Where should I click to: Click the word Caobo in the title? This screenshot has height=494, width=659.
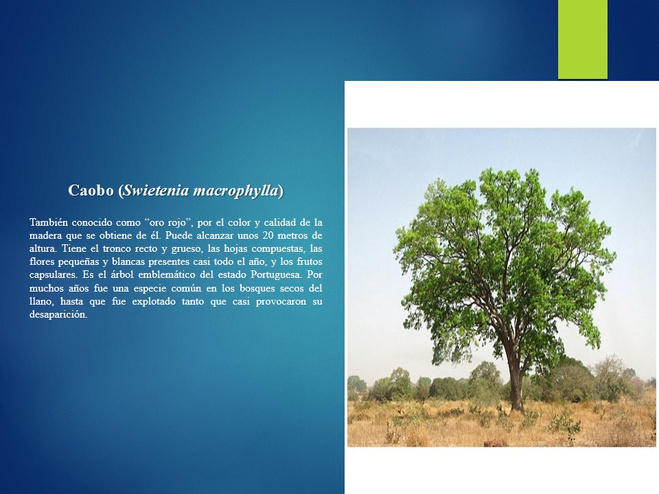[91, 190]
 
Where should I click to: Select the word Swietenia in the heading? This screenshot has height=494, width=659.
[156, 190]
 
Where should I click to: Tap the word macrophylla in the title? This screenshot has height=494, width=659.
[235, 191]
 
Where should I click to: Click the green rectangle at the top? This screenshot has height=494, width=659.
[583, 39]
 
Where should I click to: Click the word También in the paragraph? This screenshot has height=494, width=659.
[48, 222]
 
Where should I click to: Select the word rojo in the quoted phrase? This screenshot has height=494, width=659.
[176, 223]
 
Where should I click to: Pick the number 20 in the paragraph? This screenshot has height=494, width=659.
[268, 235]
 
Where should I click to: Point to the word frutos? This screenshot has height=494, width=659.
[310, 261]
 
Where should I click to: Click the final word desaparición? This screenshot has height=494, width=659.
[58, 315]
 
